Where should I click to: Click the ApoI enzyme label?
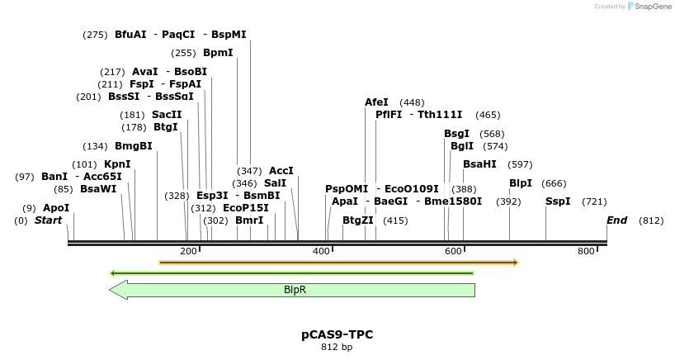(56, 208)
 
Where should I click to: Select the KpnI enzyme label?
(117, 164)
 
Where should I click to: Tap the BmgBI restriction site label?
(134, 146)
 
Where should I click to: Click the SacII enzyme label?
(167, 115)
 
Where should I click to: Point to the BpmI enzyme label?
(218, 53)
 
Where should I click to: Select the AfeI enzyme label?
(376, 102)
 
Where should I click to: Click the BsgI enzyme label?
(456, 134)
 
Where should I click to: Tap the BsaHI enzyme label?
(479, 164)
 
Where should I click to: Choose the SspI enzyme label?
(558, 201)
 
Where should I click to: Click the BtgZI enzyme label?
(358, 220)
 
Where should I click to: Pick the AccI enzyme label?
(281, 171)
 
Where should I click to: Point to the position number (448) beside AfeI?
(412, 102)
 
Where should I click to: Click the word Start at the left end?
(49, 220)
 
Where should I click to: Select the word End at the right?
(616, 220)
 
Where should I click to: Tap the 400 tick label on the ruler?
(322, 251)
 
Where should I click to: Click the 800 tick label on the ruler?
(586, 251)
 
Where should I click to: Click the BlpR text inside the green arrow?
(295, 290)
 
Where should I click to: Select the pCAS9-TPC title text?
(337, 334)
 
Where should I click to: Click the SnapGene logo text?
(651, 7)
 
